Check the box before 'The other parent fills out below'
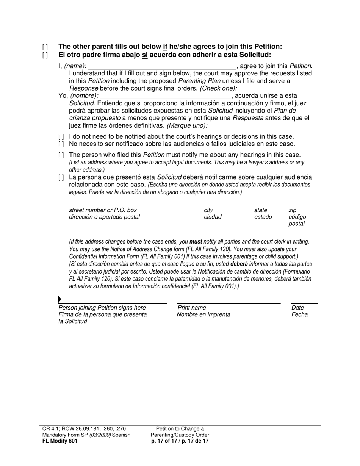(45, 47)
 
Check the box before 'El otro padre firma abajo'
(45, 55)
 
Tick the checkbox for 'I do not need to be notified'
(61, 137)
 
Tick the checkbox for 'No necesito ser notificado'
(61, 144)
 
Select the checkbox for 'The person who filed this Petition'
(61, 155)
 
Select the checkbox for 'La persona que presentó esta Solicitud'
(61, 178)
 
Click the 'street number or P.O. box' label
(103, 210)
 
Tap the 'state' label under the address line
(260, 210)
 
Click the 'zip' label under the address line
(292, 210)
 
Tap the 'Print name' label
(192, 308)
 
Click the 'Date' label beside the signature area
(298, 308)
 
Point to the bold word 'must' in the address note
(196, 241)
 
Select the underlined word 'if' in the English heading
(165, 47)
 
